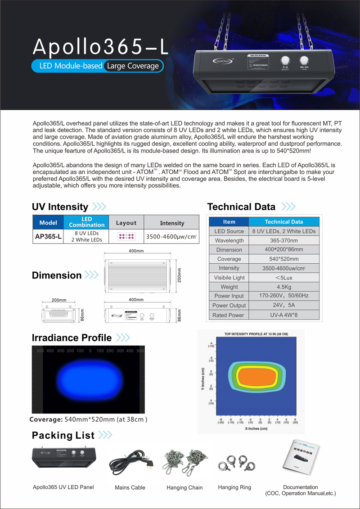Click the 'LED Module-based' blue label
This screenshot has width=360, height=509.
point(67,66)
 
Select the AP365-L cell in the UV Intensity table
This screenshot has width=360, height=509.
point(48,236)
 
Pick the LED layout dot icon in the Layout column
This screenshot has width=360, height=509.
point(126,236)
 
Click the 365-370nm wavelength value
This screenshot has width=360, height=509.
point(284,240)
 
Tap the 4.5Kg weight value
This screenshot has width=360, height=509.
point(284,287)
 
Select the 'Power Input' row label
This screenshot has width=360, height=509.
point(229,296)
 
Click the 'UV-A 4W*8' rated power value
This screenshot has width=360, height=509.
point(284,315)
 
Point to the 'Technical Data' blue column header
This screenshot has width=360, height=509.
point(284,221)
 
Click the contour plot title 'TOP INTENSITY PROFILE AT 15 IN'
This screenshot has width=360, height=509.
point(256,334)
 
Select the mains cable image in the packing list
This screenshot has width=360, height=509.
point(130,464)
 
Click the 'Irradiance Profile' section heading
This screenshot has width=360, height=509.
point(72,338)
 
